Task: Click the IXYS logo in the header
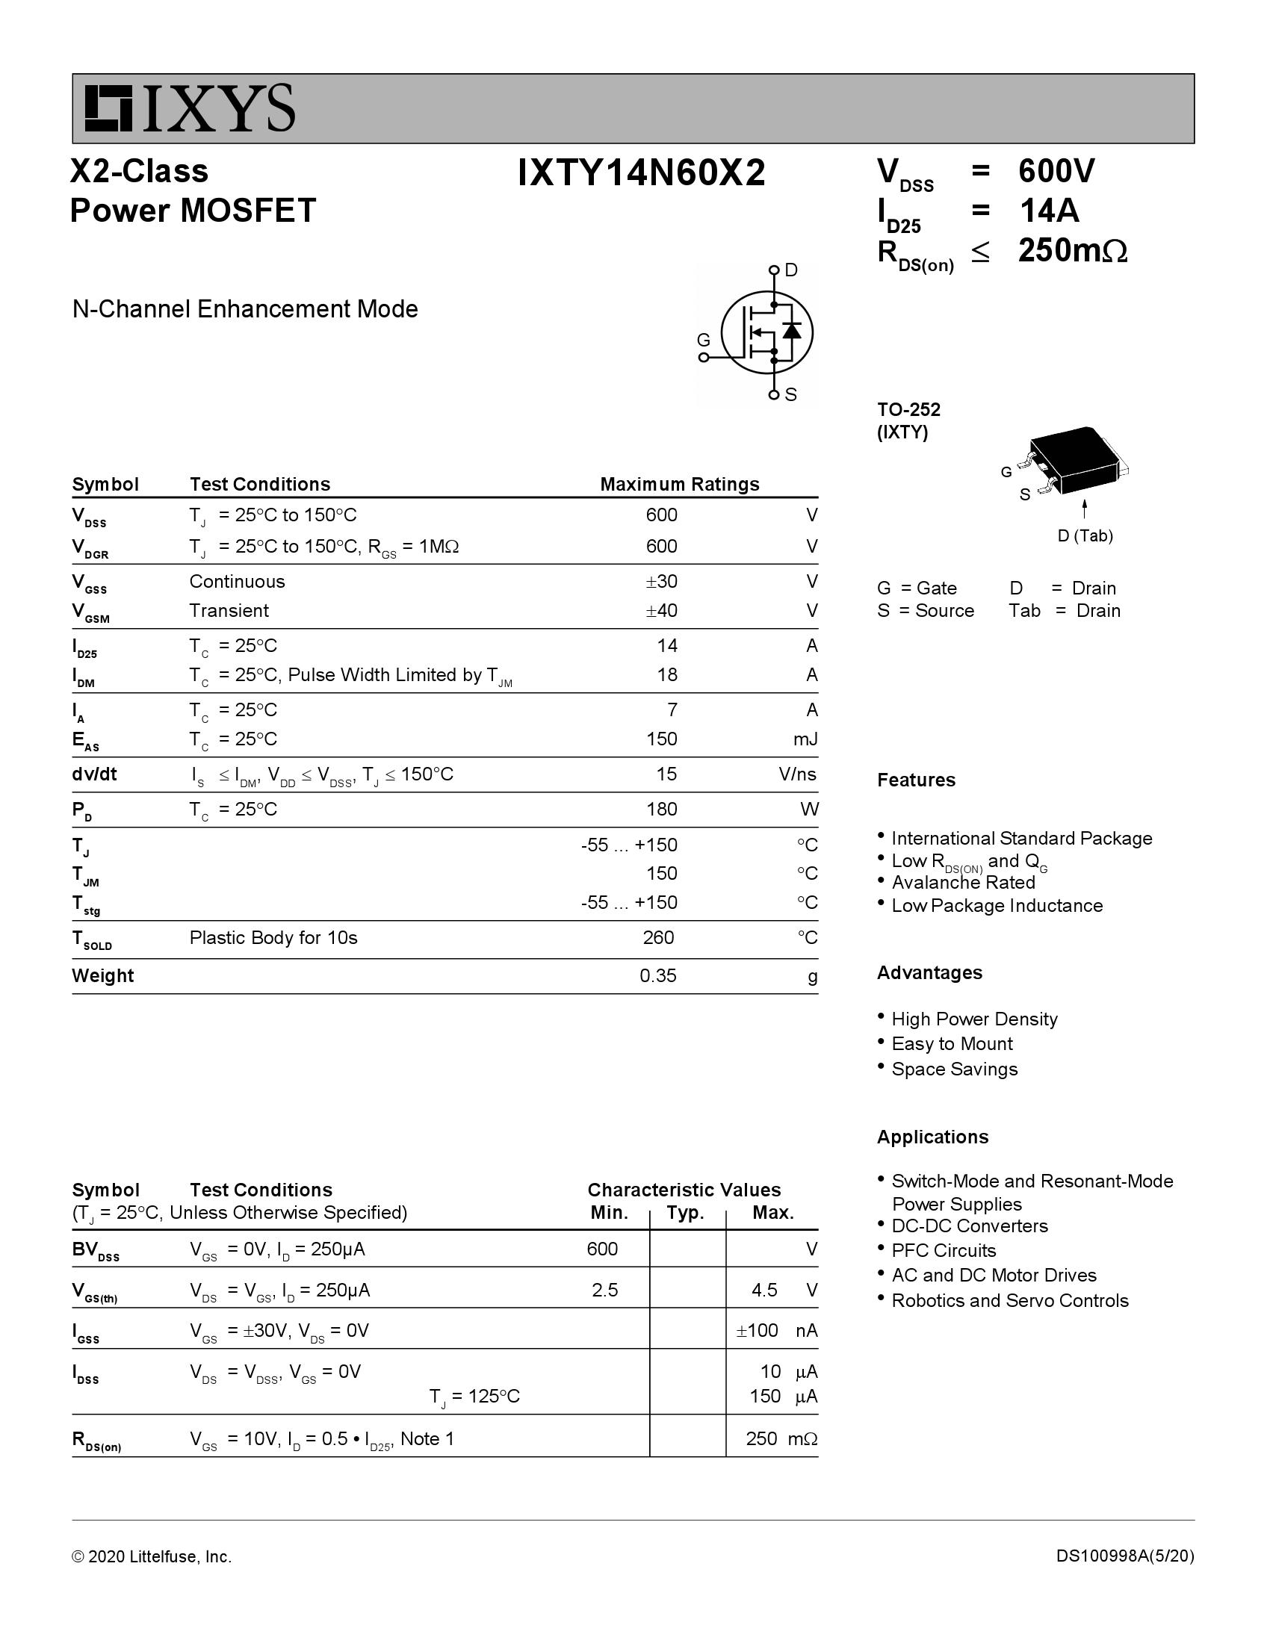[190, 108]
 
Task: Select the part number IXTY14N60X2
[641, 173]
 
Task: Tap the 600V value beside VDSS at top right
[1056, 172]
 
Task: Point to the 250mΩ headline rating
[1072, 250]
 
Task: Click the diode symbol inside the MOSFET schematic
[791, 330]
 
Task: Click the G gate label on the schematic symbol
[704, 340]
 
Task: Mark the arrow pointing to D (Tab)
[1084, 509]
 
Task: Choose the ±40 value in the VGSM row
[661, 610]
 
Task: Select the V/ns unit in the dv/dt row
[798, 774]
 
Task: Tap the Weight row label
[102, 976]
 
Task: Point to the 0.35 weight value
[658, 976]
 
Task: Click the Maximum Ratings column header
[679, 484]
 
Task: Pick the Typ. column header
[684, 1213]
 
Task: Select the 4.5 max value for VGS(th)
[764, 1291]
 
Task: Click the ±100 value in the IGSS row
[757, 1331]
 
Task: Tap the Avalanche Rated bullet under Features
[963, 883]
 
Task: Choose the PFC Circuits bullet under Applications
[944, 1250]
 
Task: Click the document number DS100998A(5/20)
[1125, 1556]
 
